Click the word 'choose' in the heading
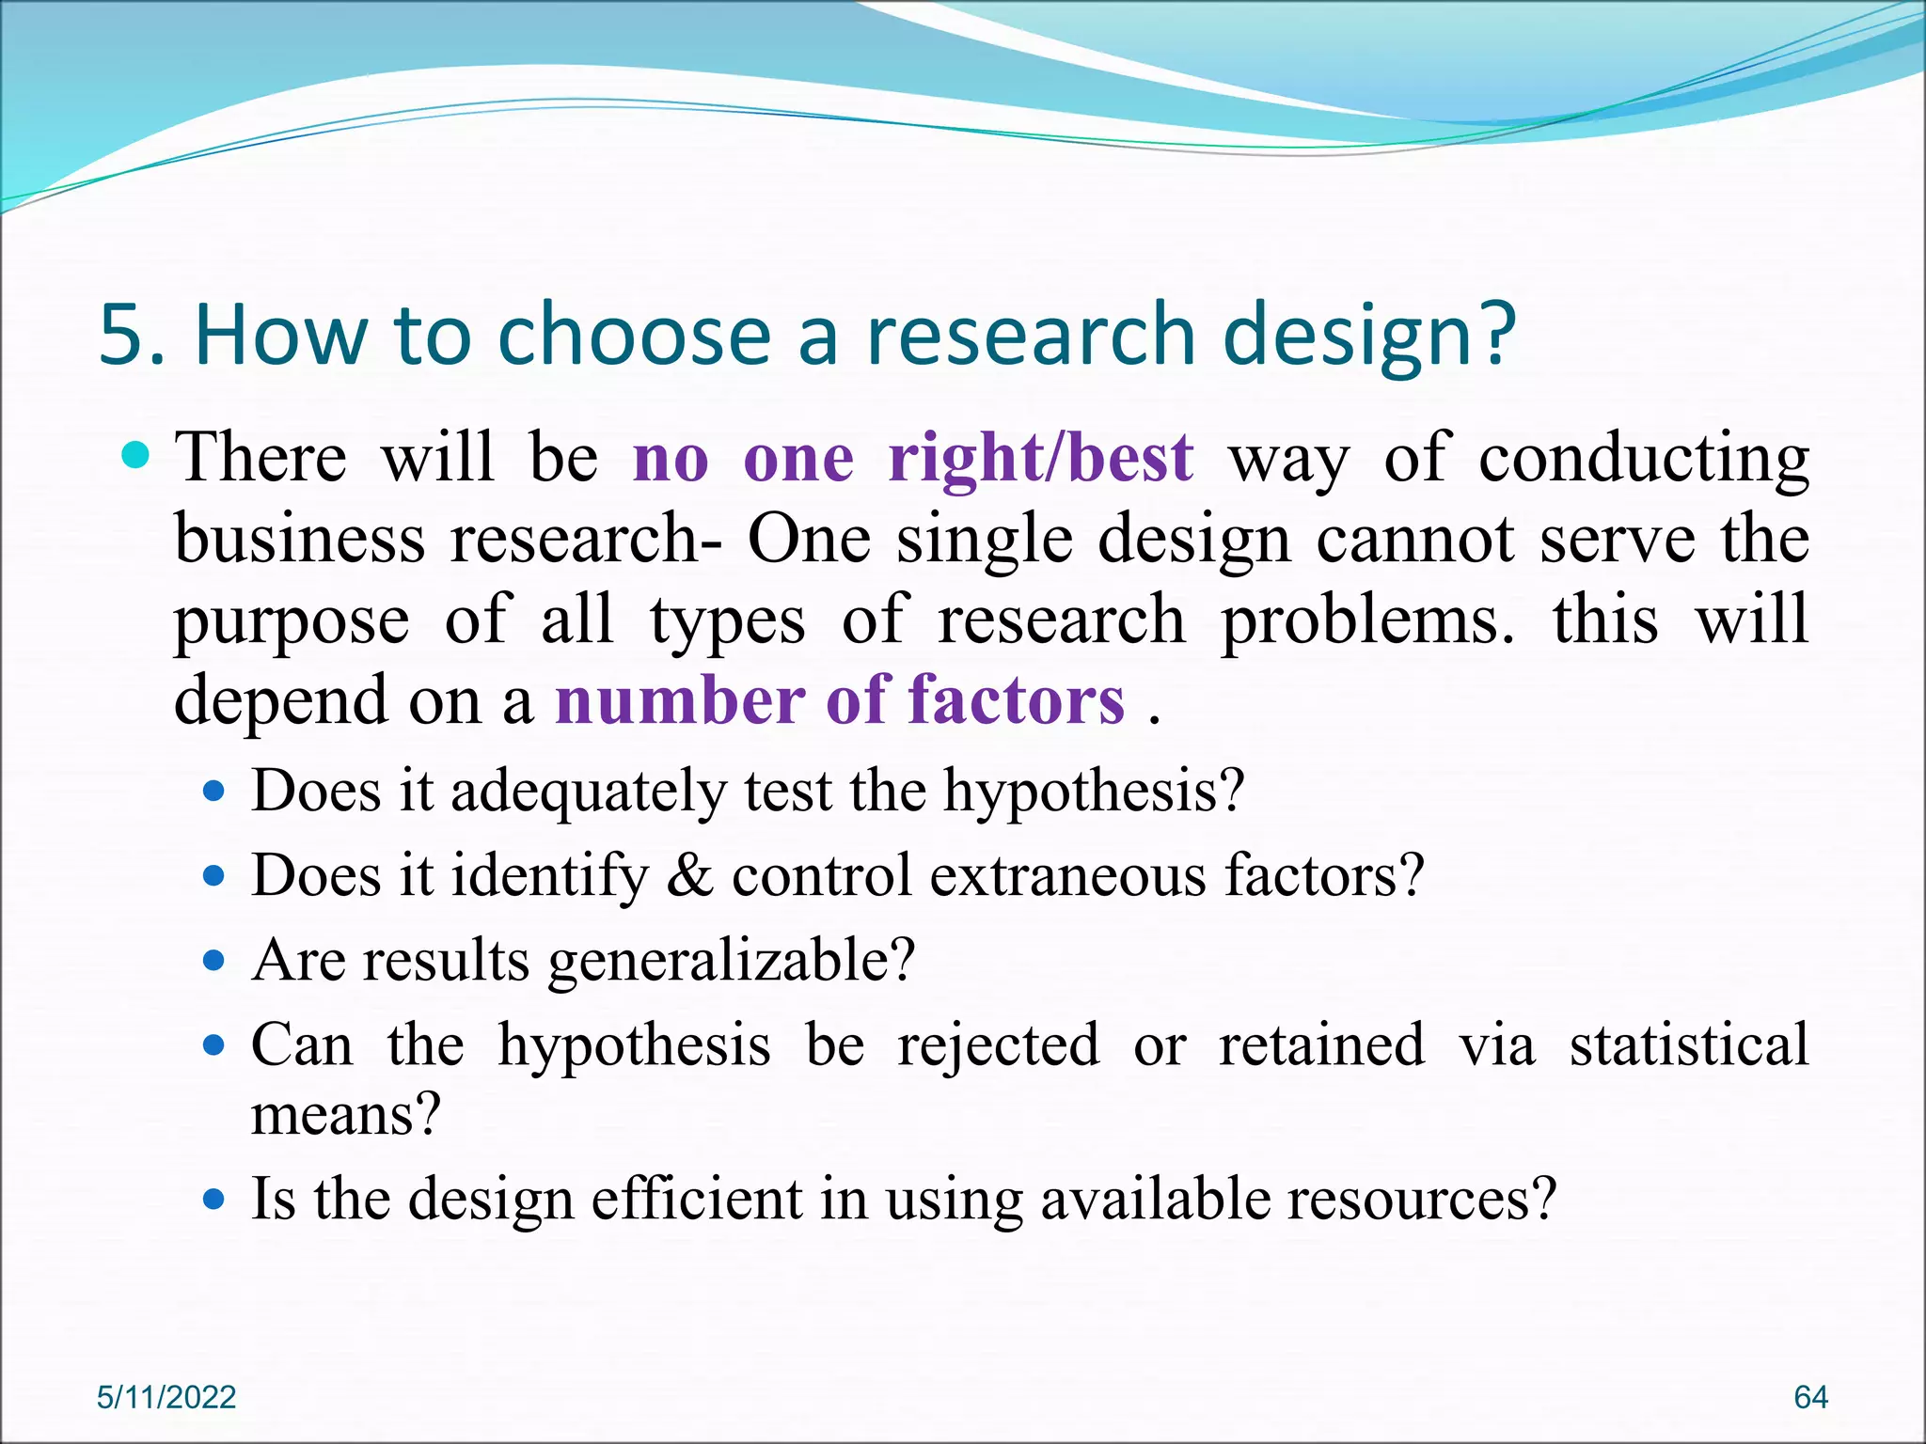[x=634, y=335]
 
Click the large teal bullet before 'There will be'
[x=137, y=456]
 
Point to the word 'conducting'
[x=1643, y=461]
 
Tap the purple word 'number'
[x=679, y=700]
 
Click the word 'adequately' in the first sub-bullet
[x=588, y=792]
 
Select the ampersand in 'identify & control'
[x=689, y=876]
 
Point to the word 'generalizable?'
[x=732, y=962]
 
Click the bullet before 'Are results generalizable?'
[x=215, y=961]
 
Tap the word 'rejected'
[x=998, y=1045]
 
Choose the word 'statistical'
[x=1688, y=1045]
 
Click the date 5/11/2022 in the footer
[x=166, y=1397]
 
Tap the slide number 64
[x=1810, y=1397]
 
